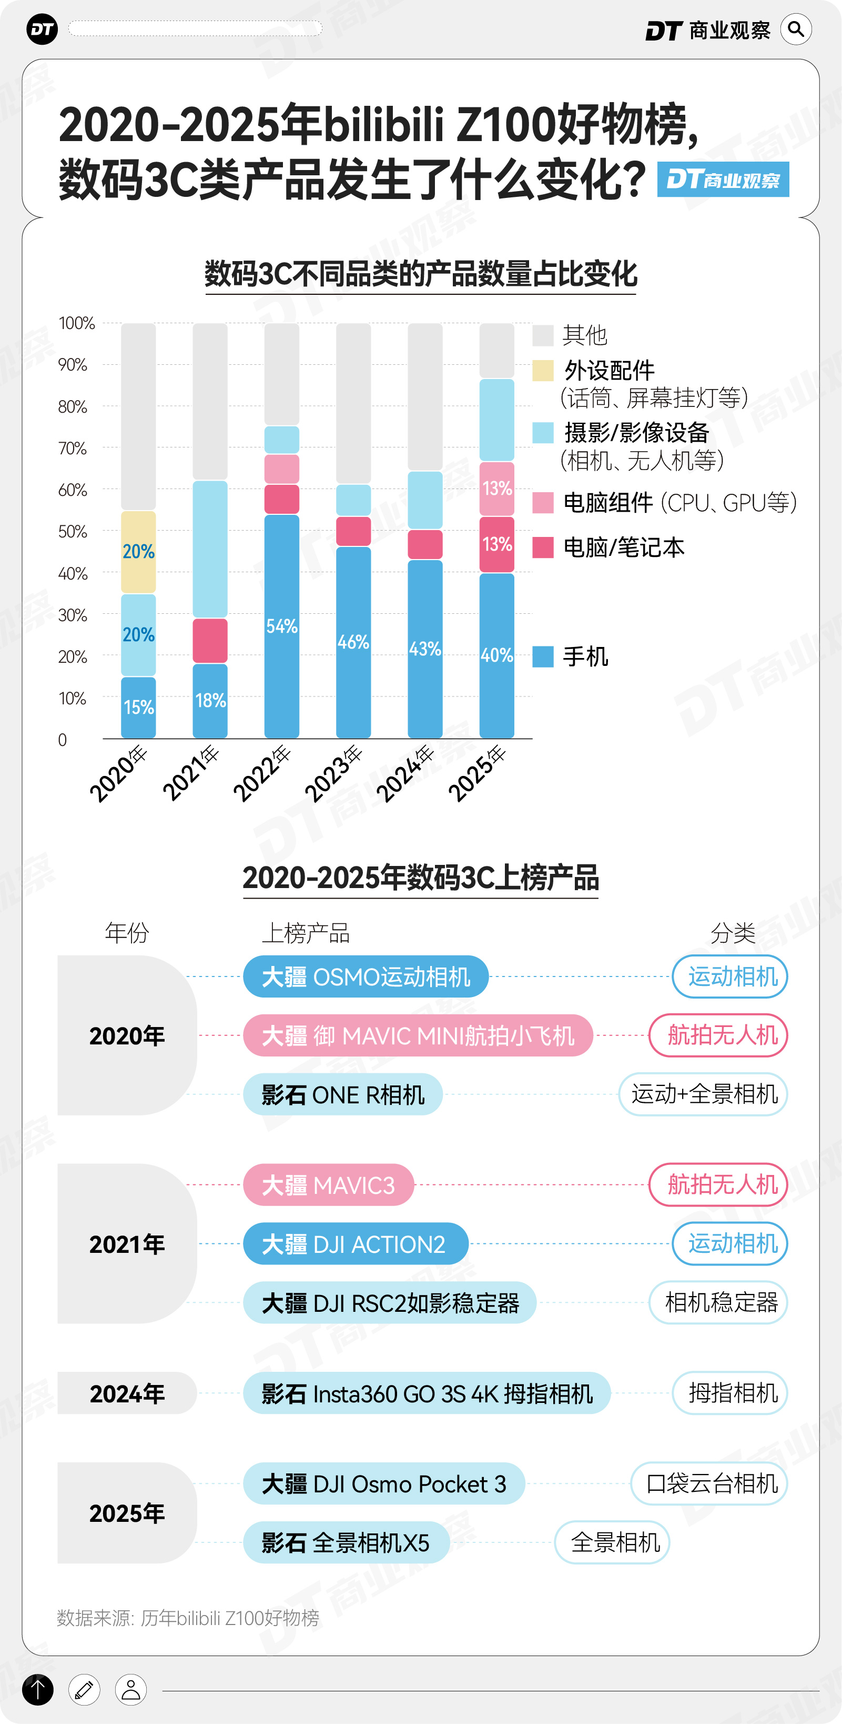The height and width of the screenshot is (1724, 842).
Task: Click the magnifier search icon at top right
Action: pos(796,29)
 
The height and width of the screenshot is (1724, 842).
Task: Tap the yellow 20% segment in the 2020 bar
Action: pos(138,552)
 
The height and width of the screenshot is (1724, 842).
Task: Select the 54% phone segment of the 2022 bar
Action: pos(281,626)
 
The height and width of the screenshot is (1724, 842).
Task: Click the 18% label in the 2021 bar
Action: pos(210,701)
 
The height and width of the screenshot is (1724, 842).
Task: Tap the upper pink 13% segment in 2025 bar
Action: pos(497,488)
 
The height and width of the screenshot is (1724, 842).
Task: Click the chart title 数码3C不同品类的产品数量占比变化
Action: pos(421,274)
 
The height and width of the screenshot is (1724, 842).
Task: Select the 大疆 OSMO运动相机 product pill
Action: pos(366,976)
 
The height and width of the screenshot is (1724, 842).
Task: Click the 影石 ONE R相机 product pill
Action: pos(342,1094)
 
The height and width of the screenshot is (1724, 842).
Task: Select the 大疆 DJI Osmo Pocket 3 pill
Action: pos(384,1484)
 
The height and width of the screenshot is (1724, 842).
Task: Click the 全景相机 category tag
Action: pos(612,1542)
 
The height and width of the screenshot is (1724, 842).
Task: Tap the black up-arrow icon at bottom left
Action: pos(38,1689)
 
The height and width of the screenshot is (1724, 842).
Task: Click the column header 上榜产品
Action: pos(306,933)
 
